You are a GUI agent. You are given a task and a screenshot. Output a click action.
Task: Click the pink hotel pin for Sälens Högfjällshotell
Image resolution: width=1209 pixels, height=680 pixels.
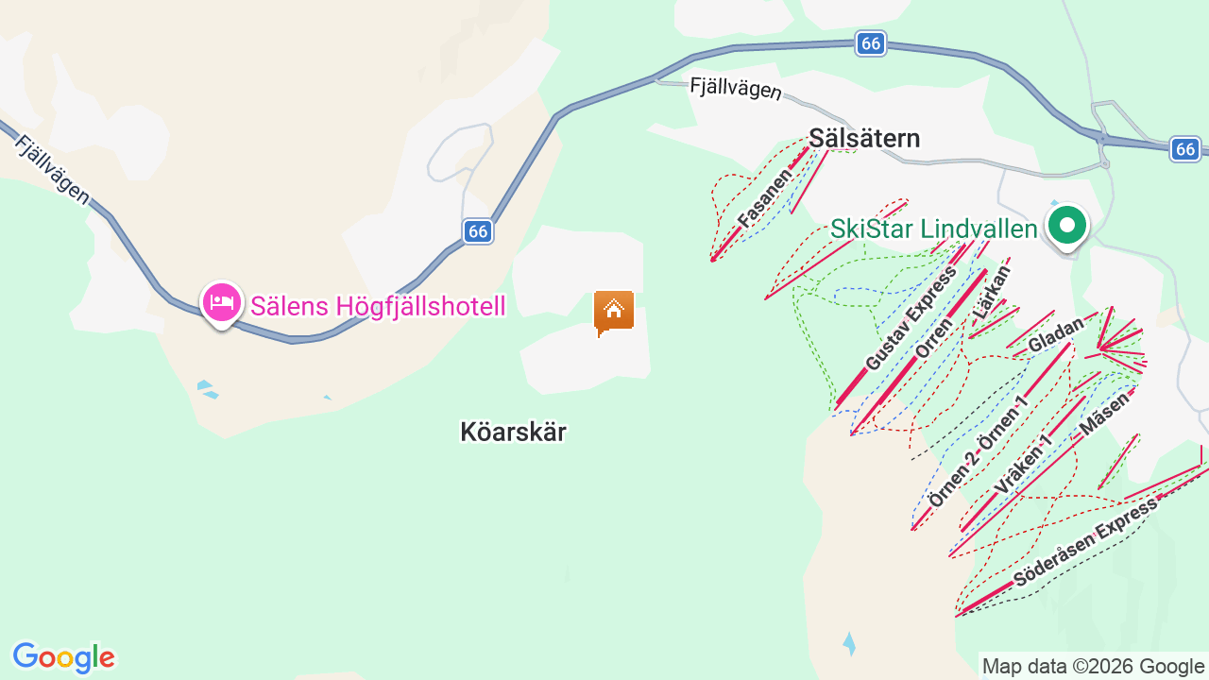click(x=221, y=303)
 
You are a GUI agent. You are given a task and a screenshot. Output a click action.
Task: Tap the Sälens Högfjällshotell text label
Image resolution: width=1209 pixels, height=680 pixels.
click(x=378, y=306)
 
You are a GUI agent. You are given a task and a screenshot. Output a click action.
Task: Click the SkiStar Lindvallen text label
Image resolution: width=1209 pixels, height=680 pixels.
click(x=934, y=229)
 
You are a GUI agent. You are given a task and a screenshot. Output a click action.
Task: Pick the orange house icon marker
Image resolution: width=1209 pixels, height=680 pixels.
click(x=613, y=310)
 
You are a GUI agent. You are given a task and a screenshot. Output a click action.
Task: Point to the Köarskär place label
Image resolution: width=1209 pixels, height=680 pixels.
click(x=513, y=432)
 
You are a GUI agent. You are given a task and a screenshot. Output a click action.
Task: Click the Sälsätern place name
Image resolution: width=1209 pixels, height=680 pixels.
click(x=864, y=139)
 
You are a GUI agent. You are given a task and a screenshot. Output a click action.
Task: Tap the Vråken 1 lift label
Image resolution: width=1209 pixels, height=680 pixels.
click(x=1025, y=467)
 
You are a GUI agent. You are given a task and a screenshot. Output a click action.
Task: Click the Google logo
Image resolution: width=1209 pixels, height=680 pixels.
click(x=63, y=657)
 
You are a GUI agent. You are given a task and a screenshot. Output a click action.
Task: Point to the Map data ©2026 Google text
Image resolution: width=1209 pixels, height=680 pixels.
click(x=1093, y=666)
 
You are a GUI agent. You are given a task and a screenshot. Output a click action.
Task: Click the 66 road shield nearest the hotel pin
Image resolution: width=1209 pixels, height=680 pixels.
click(x=478, y=230)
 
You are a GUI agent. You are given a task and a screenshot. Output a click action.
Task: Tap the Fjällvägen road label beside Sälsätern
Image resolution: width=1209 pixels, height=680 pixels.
click(x=736, y=88)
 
